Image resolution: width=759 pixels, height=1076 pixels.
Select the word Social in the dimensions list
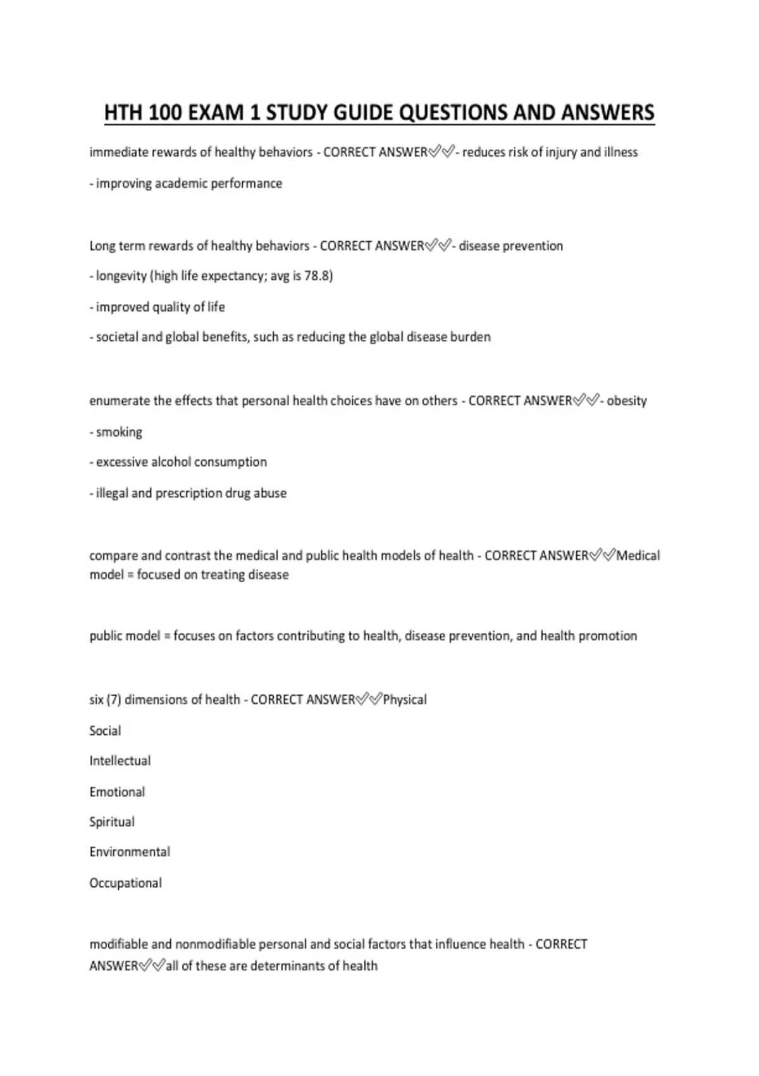(x=105, y=730)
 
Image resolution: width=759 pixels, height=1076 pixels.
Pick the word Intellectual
(x=120, y=761)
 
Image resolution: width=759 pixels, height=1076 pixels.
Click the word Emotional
(x=117, y=792)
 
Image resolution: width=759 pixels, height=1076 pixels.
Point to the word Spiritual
(x=112, y=822)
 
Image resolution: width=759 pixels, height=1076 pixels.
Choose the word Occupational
(x=125, y=883)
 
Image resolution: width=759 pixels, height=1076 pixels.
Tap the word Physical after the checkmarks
(x=405, y=699)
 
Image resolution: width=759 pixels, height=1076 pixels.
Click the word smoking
(x=119, y=432)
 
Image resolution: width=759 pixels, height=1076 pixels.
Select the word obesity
(x=627, y=401)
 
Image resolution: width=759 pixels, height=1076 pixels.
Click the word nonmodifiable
(x=218, y=944)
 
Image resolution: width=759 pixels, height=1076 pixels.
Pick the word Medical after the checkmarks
(x=638, y=556)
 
